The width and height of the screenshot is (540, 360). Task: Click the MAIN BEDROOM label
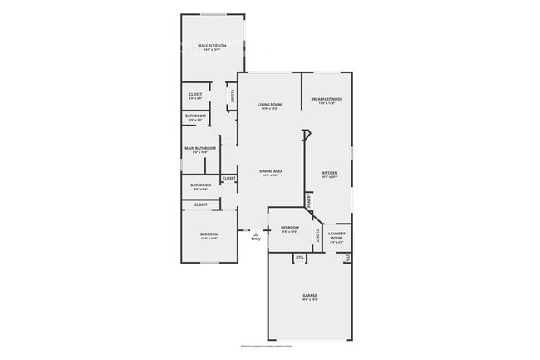click(x=213, y=45)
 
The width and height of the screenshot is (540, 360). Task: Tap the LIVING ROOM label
click(x=271, y=105)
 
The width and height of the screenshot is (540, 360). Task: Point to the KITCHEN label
click(x=331, y=173)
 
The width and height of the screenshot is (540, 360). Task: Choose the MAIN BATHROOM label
click(x=199, y=148)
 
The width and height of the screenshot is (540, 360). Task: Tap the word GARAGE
click(x=310, y=295)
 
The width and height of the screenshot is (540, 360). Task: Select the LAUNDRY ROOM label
click(x=336, y=236)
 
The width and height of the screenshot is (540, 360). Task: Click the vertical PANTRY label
click(x=309, y=200)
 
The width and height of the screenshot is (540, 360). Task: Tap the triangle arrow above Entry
click(x=256, y=234)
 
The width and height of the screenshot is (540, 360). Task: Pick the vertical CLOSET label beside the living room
click(x=232, y=96)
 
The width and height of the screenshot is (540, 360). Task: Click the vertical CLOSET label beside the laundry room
click(x=317, y=235)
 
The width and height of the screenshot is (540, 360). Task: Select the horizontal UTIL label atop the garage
click(x=300, y=258)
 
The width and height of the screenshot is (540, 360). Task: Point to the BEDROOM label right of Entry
click(x=290, y=228)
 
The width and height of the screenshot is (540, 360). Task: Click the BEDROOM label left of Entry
click(x=209, y=234)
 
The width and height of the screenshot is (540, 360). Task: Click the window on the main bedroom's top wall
click(x=214, y=13)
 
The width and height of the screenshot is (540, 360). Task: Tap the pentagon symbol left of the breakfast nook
click(x=306, y=133)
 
